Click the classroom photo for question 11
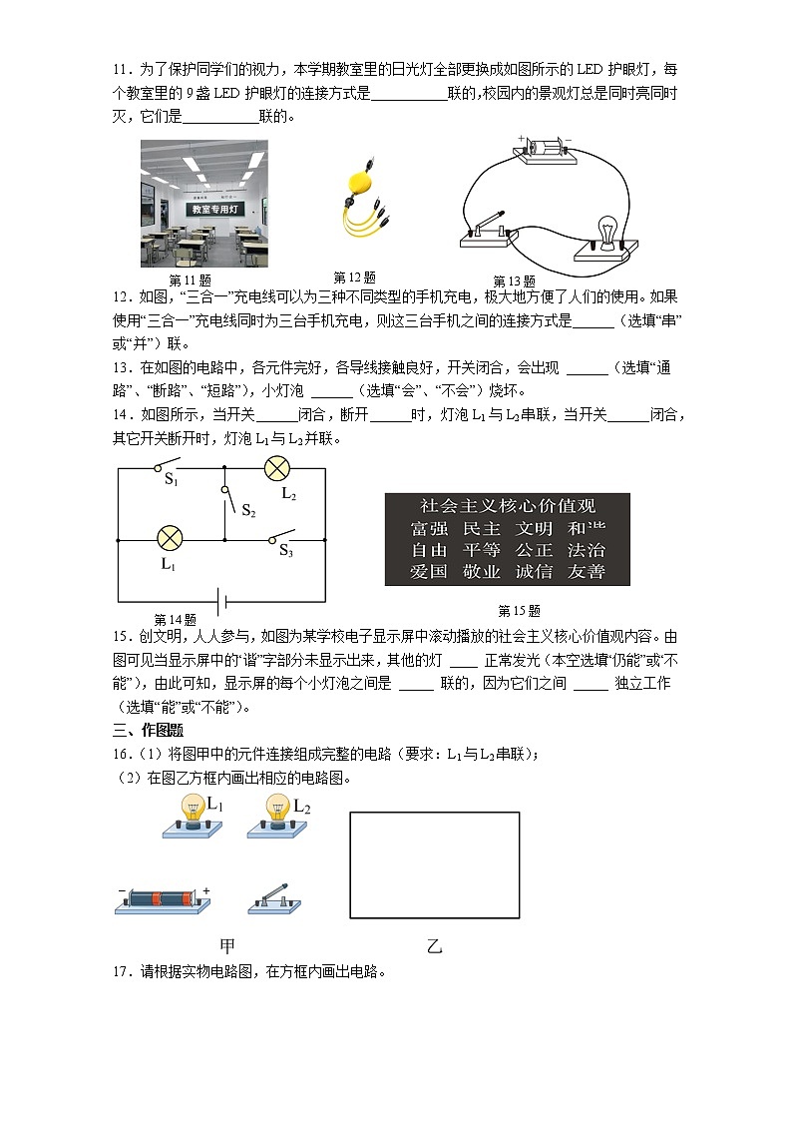click(203, 204)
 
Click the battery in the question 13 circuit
click(544, 149)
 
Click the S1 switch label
click(171, 480)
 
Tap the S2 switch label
click(248, 510)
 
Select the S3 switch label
click(285, 550)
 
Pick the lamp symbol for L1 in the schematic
click(171, 539)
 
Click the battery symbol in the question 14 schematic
click(222, 601)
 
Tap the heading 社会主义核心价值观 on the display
click(507, 506)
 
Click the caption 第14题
click(175, 619)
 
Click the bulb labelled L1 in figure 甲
click(190, 815)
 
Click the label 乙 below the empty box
click(434, 946)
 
